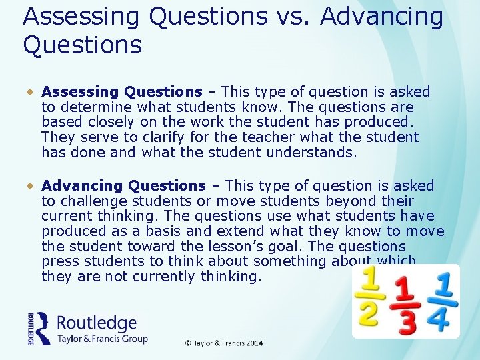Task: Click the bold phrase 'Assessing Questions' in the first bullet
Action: pyautogui.click(x=121, y=92)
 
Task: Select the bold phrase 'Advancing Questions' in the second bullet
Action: pyautogui.click(x=123, y=186)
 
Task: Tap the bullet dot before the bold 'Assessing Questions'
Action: pyautogui.click(x=31, y=93)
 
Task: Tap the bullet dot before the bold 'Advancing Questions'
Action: pyautogui.click(x=31, y=187)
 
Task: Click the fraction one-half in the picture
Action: pyautogui.click(x=369, y=297)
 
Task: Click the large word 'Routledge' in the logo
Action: pyautogui.click(x=97, y=323)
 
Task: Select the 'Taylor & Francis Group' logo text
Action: pyautogui.click(x=103, y=339)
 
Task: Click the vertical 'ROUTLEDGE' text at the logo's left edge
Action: pyautogui.click(x=31, y=329)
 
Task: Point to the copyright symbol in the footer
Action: pyautogui.click(x=189, y=343)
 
